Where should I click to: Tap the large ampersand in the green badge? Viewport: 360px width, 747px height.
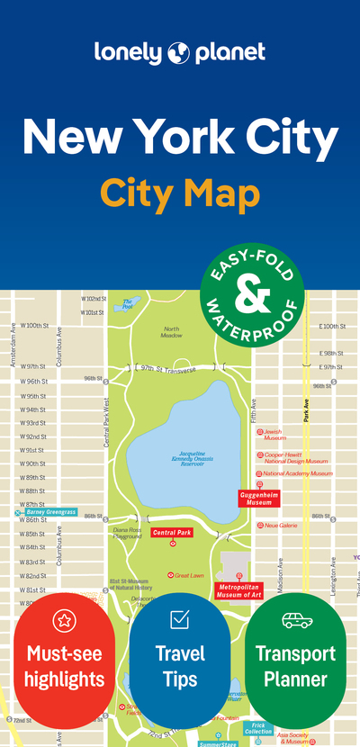(251, 292)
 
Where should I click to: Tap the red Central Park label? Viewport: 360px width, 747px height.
(173, 533)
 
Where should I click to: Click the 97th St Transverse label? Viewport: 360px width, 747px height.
(166, 367)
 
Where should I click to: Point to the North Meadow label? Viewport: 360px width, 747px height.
(171, 332)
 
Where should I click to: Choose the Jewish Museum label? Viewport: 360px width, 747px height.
(274, 435)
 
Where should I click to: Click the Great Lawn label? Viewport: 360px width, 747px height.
(189, 574)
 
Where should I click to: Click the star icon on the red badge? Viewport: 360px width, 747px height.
(64, 619)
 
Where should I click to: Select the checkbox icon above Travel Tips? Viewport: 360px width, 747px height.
(179, 619)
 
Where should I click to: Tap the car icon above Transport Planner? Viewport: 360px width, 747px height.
(295, 619)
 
